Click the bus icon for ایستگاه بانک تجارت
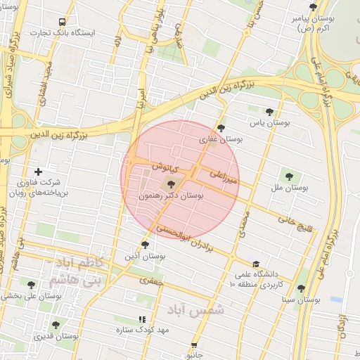coord(63,22)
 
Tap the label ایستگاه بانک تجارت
coord(63,33)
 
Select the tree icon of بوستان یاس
coord(269,112)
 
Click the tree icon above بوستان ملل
coord(288,175)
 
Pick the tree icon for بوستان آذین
coord(145,245)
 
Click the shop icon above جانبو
coord(195,345)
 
